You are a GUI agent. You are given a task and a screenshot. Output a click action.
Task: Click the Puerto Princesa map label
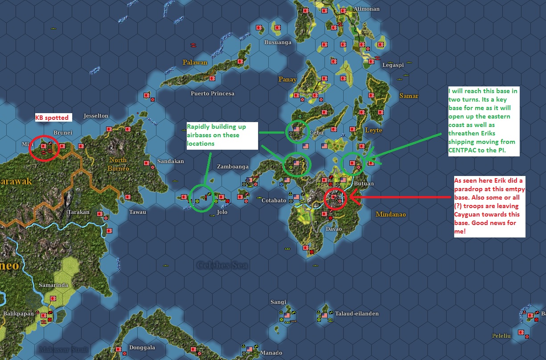pos(212,94)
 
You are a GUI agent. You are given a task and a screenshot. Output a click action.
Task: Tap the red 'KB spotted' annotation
pos(52,118)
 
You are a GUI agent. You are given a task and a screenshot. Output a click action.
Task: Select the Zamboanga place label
pos(233,167)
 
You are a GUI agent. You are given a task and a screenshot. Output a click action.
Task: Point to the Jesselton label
pos(96,116)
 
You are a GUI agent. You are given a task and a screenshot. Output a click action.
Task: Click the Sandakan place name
pos(171,161)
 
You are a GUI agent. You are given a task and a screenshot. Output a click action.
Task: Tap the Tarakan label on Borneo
pos(78,212)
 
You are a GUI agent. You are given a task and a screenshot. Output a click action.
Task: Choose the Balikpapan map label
pos(18,314)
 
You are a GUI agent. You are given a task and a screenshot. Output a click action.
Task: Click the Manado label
pos(271,353)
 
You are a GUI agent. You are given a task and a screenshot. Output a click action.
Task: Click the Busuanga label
pos(278,43)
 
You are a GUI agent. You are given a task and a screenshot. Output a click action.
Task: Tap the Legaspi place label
pos(393,65)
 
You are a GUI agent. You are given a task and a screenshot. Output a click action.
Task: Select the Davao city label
pos(333,229)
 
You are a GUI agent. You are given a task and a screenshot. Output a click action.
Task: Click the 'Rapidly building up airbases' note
pos(222,135)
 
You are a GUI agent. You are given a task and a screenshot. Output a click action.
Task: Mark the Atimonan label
pos(366,9)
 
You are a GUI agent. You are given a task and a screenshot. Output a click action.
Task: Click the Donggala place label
pos(142,348)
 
